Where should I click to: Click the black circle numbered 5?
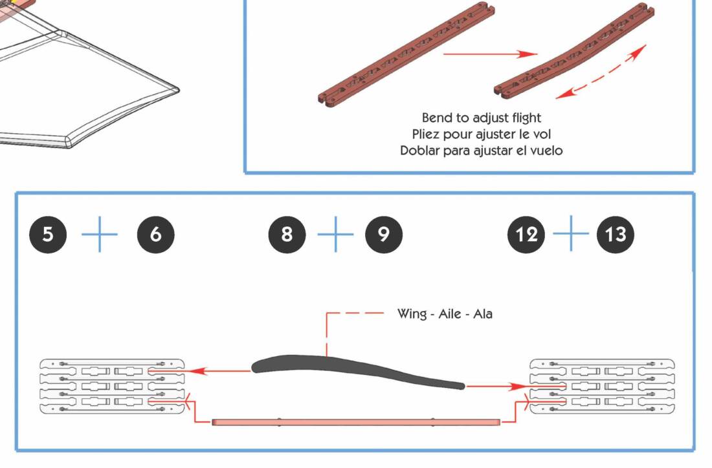[48, 233]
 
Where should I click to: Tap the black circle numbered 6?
[155, 233]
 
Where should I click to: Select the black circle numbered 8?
[287, 233]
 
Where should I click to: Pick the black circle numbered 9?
[383, 233]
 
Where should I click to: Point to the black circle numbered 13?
[615, 233]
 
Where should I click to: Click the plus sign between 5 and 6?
[100, 233]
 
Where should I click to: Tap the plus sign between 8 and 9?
[335, 233]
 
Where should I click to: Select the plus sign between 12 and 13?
[571, 233]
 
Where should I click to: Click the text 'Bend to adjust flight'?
[481, 118]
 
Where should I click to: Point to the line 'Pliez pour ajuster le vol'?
[481, 134]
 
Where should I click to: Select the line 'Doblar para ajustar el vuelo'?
[481, 151]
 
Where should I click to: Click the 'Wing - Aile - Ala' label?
[445, 314]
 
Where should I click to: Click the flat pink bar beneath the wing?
[356, 422]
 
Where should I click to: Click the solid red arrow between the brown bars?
[491, 54]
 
